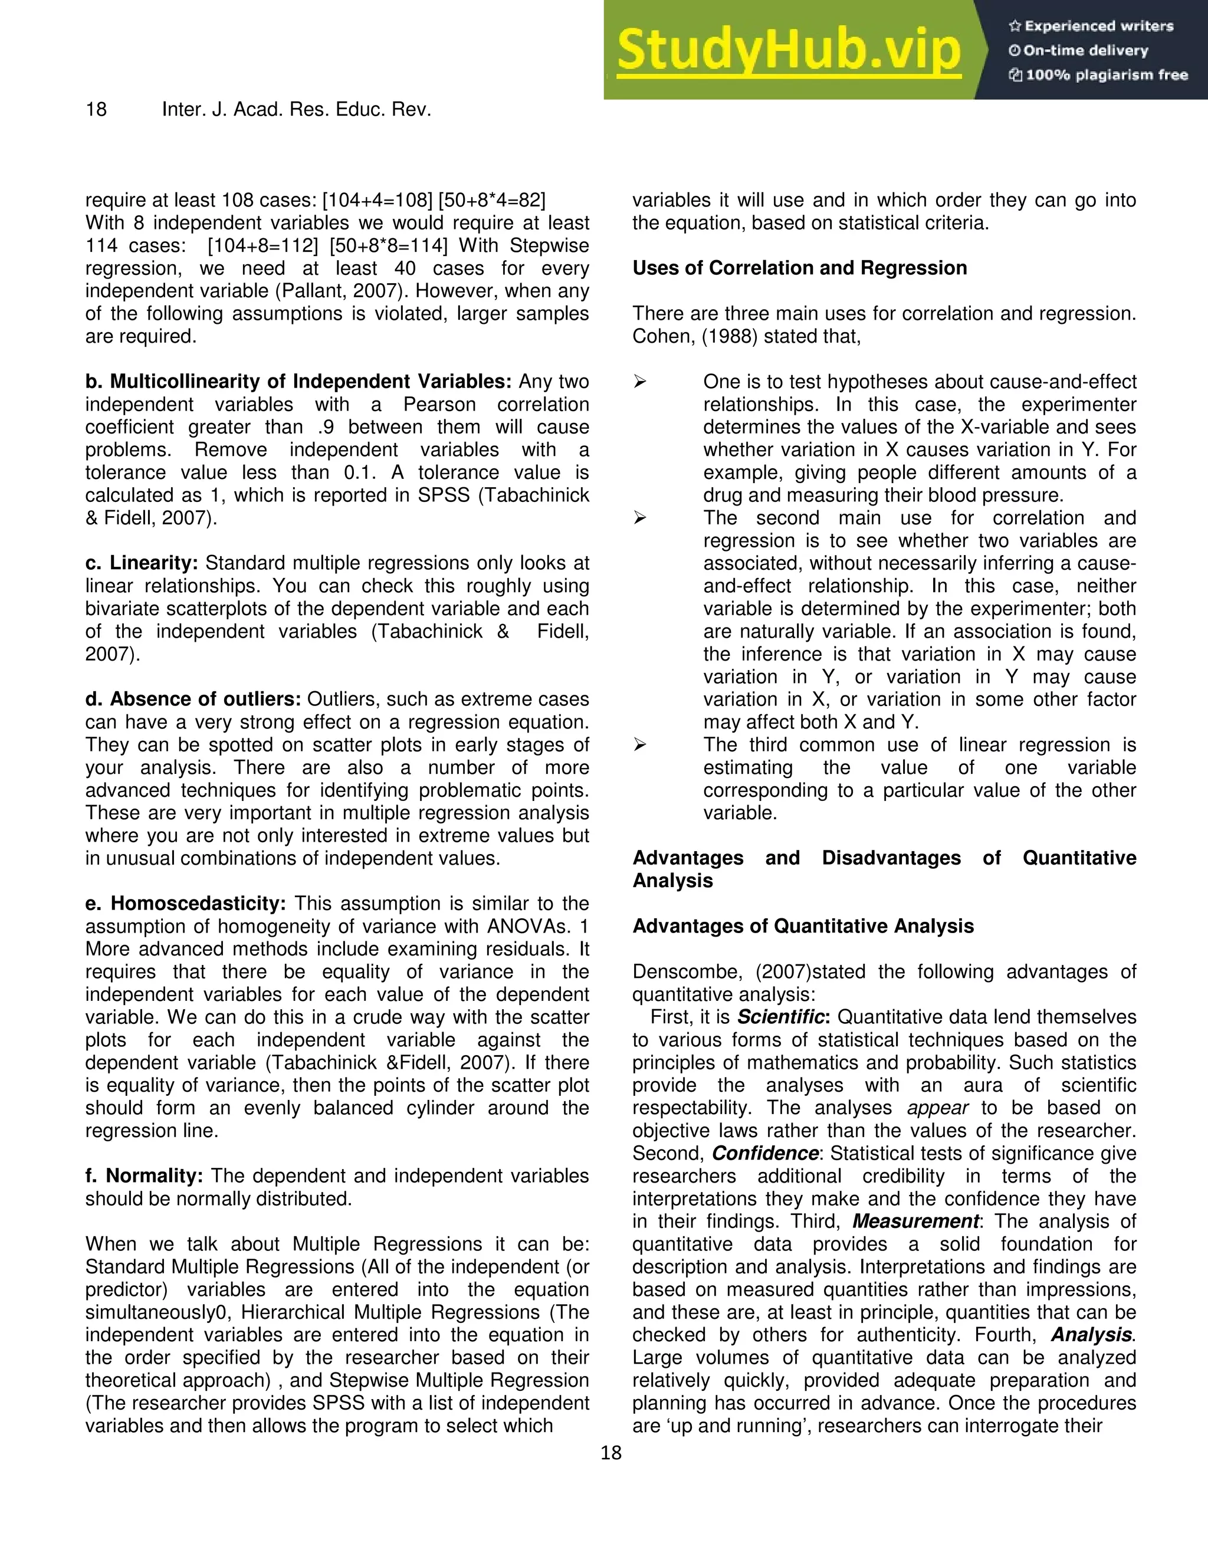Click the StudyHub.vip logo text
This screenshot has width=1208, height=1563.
(x=788, y=51)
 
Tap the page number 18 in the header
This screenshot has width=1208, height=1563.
(x=96, y=110)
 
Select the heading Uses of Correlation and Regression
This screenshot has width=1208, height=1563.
(x=799, y=268)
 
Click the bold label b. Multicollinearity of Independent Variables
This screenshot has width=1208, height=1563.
(x=298, y=382)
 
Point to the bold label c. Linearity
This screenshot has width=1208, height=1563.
(x=142, y=563)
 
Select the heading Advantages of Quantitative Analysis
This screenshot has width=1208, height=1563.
(x=803, y=926)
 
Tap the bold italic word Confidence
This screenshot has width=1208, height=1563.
(x=765, y=1153)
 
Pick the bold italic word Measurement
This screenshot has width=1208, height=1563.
(x=915, y=1221)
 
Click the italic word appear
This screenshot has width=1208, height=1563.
(x=937, y=1108)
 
